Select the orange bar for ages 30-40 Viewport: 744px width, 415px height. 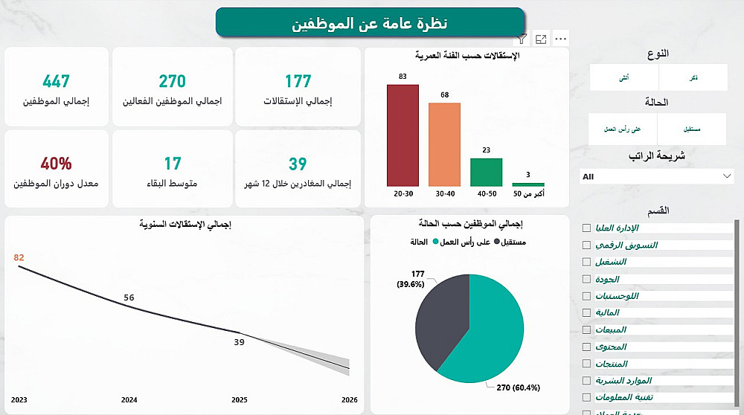coord(444,144)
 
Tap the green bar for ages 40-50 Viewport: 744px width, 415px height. coord(486,172)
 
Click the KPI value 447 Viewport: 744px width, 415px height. coord(57,81)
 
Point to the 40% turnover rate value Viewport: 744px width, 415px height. coord(57,164)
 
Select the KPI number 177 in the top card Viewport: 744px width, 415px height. coord(298,81)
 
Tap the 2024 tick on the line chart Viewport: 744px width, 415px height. coord(129,399)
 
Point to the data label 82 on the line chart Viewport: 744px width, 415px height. coord(19,257)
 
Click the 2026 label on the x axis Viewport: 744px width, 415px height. coord(349,399)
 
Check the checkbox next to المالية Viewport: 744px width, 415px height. coord(587,313)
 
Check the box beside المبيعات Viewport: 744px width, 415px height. coord(587,330)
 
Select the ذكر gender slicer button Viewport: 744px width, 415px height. coord(693,77)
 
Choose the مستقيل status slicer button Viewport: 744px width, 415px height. coord(692,129)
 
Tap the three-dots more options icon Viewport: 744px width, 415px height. coord(561,39)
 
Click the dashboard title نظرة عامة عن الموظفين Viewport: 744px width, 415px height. coord(370,23)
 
